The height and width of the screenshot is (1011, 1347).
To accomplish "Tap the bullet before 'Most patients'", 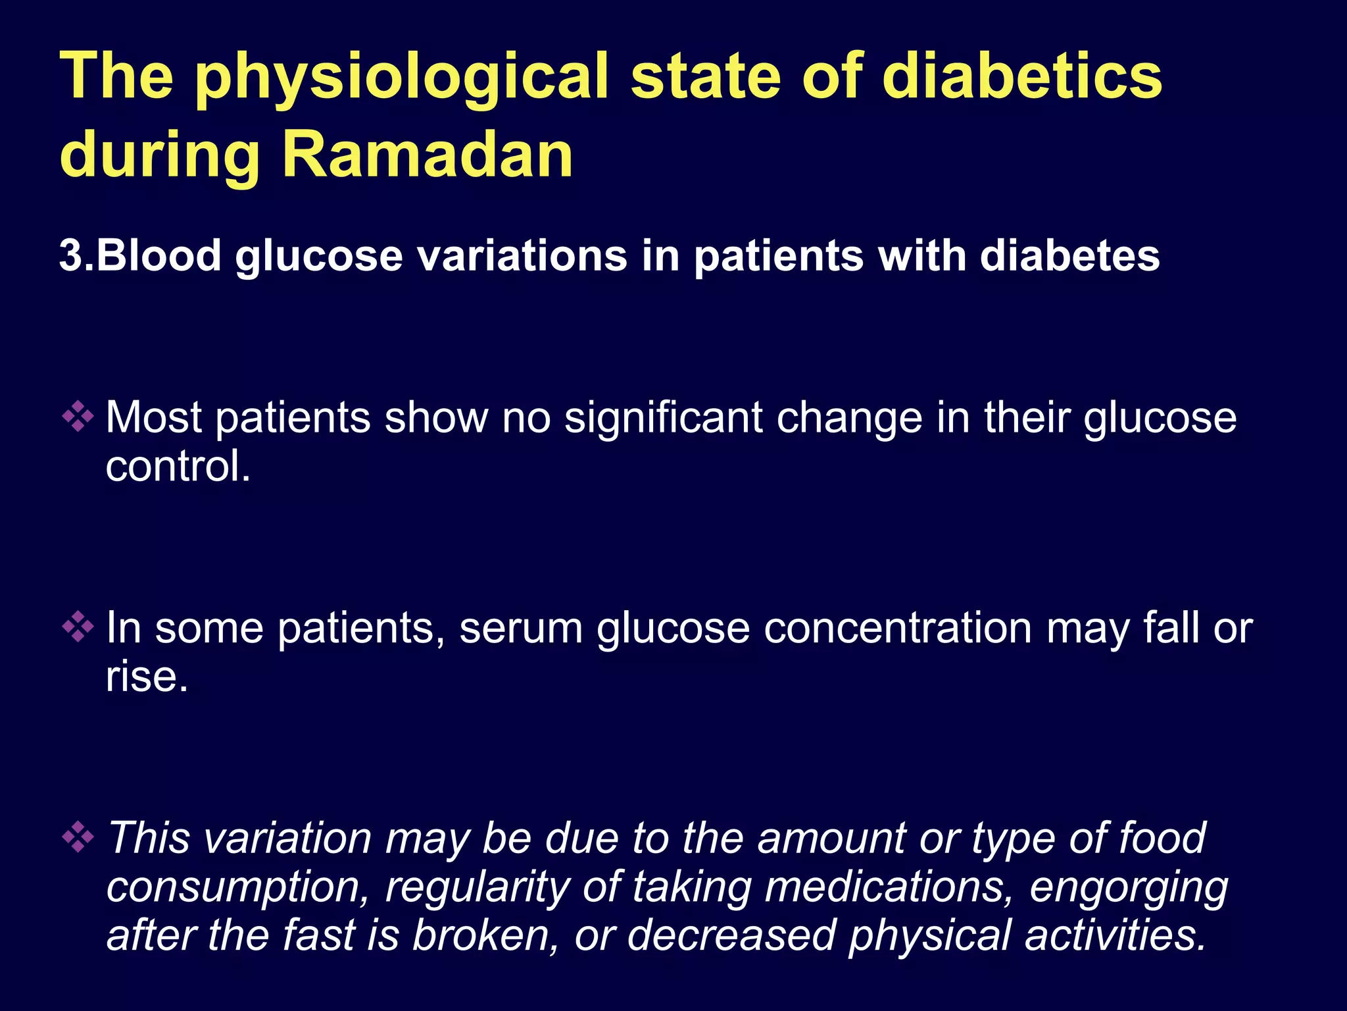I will click(x=78, y=417).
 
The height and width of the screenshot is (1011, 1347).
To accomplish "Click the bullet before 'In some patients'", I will click(x=78, y=627).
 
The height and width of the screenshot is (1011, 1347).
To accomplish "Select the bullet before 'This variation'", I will click(x=78, y=837).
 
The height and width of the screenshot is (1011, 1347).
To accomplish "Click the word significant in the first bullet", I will click(x=663, y=418).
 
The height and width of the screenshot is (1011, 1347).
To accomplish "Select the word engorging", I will click(x=1129, y=887).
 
